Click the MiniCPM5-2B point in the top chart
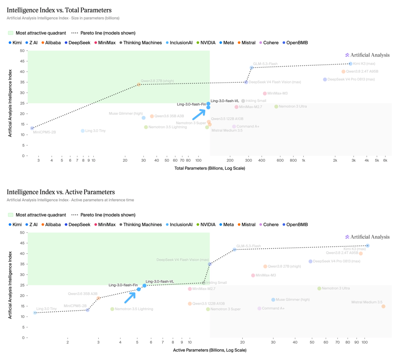(32, 128)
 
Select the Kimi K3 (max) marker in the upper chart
(350, 64)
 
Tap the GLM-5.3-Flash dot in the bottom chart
(235, 250)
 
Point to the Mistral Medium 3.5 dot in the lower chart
(383, 306)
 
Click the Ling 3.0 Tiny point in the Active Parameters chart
(35, 313)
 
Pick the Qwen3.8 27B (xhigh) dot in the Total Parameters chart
(139, 84)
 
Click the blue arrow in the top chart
(199, 115)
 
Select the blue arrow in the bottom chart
(130, 298)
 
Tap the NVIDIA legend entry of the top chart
(206, 43)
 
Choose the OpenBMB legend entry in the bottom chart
(295, 225)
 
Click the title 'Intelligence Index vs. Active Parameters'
(61, 192)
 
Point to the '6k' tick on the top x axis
(385, 161)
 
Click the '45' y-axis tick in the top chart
(22, 61)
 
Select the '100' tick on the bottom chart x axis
(365, 342)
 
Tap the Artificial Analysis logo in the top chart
(368, 55)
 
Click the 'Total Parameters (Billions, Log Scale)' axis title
(210, 169)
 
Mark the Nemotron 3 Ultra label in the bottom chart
(336, 288)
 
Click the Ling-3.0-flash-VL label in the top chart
(225, 101)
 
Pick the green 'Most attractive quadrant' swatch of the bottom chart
(11, 215)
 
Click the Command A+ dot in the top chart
(234, 127)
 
